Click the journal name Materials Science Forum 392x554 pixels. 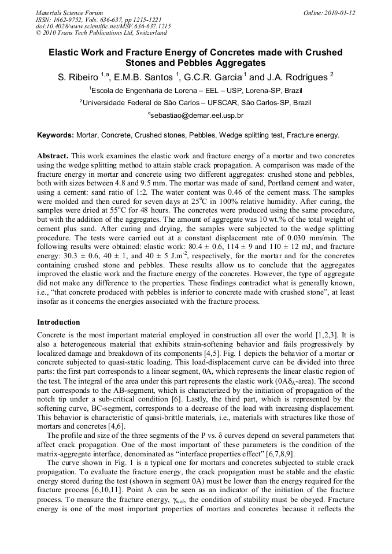pos(69,13)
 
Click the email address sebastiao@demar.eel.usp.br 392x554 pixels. pos(197,116)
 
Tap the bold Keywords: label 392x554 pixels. pos(56,135)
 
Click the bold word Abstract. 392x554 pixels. pos(53,156)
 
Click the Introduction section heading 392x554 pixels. pos(58,322)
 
